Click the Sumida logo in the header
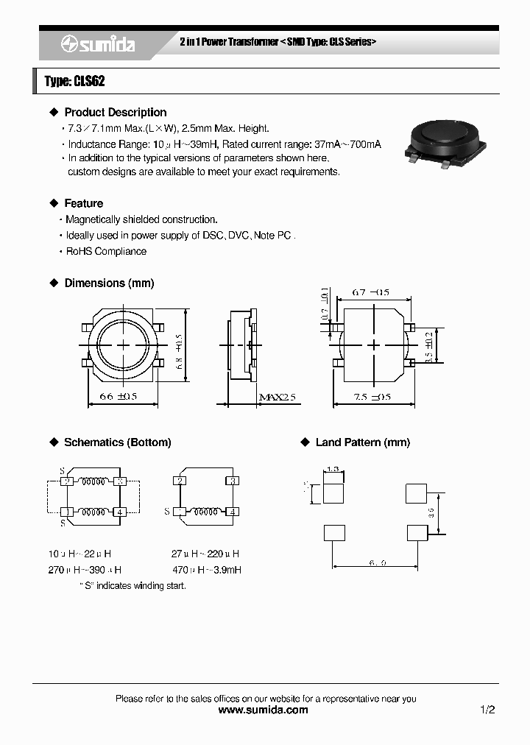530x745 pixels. coord(97,44)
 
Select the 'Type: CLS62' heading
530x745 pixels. coord(74,81)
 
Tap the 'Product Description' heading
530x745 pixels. coord(115,113)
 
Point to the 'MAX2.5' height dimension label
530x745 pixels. coord(277,398)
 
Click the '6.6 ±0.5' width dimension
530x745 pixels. coord(118,398)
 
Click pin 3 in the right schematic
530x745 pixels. coord(232,481)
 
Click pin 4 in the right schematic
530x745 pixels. coord(232,512)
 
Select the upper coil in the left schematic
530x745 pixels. coord(93,482)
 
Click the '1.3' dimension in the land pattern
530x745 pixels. coord(333,469)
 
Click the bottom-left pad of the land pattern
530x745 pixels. coord(333,532)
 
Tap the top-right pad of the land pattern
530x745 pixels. coord(416,493)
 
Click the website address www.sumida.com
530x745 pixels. coord(264,710)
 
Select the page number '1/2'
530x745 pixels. coord(487,710)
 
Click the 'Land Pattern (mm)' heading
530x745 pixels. coord(362,442)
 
